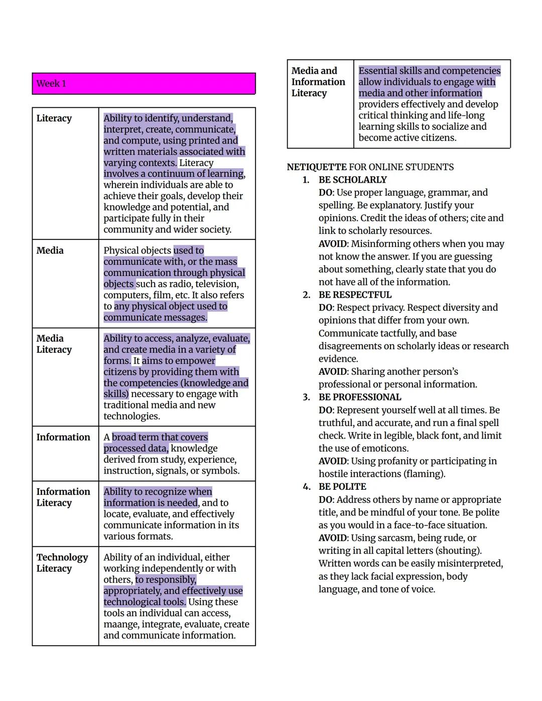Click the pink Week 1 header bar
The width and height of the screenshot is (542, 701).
(144, 83)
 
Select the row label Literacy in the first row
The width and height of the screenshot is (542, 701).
(54, 118)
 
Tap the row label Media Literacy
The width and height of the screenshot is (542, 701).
(54, 344)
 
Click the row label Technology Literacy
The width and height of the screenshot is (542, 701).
(62, 563)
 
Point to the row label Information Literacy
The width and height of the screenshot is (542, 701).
(63, 497)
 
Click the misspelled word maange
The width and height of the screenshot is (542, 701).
(120, 624)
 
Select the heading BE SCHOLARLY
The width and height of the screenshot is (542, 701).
(353, 180)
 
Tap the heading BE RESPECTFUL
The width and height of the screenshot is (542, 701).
(355, 295)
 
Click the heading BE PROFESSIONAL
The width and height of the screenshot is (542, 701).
(360, 397)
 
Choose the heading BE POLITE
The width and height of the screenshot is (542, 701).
(342, 486)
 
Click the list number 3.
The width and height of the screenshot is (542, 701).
(306, 397)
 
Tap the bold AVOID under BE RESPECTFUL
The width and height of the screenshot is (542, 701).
(333, 371)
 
